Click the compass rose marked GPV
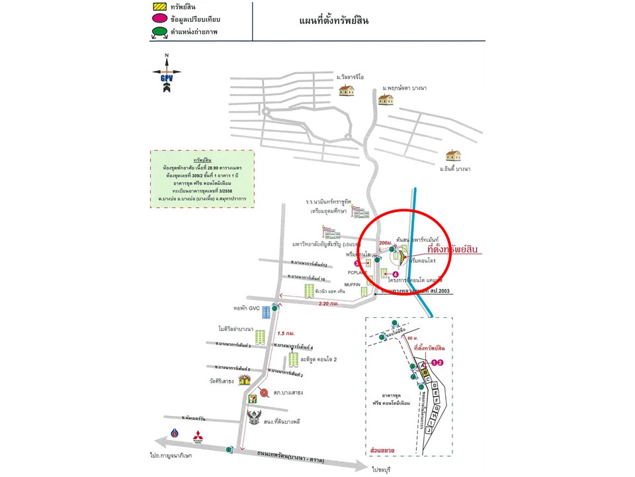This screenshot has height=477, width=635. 167,71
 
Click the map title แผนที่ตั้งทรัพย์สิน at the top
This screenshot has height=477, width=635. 334,21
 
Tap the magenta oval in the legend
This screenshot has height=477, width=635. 160,19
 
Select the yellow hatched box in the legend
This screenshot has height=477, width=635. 159,7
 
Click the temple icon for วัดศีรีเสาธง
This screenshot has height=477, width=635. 245,380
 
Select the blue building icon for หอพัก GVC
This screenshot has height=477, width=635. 266,311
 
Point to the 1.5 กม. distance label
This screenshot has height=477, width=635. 287,332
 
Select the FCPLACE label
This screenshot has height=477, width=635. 357,272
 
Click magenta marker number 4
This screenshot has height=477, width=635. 396,274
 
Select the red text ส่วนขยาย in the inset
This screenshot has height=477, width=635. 383,450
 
